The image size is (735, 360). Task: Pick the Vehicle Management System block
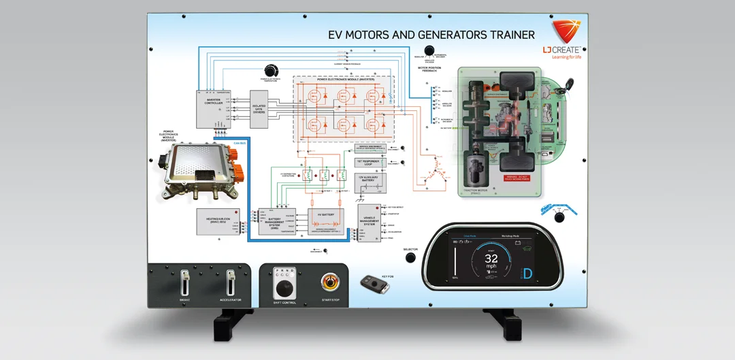(371, 223)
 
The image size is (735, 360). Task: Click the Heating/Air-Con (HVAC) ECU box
(214, 222)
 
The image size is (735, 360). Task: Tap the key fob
(374, 283)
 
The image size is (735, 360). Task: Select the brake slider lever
(184, 282)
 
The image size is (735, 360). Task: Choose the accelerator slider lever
(231, 282)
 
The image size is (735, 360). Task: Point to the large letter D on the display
(527, 274)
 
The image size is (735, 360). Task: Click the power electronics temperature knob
(272, 71)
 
